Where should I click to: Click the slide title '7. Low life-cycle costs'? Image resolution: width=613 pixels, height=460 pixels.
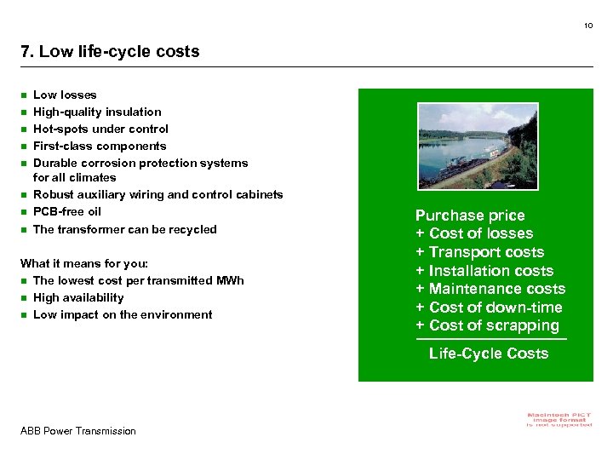(110, 51)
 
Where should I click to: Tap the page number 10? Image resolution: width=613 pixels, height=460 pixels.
(588, 26)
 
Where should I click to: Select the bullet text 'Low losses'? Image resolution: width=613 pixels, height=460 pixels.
(65, 95)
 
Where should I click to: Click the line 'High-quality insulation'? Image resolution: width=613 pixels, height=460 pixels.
(97, 112)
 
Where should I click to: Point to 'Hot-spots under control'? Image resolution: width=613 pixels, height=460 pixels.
(100, 129)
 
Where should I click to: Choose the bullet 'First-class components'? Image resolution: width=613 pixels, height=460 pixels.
(100, 146)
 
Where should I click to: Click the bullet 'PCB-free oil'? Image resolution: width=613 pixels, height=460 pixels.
(66, 211)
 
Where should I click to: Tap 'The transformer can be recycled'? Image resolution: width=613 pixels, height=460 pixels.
(124, 229)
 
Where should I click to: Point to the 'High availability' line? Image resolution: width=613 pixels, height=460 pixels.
(78, 297)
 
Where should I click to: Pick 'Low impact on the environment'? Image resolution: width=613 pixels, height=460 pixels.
(123, 314)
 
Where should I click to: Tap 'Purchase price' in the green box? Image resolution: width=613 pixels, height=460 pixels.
(470, 216)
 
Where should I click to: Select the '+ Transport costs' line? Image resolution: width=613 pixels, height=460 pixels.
(479, 252)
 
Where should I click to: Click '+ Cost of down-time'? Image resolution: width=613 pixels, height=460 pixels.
(489, 308)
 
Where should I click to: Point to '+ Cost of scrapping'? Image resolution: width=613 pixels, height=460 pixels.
(487, 325)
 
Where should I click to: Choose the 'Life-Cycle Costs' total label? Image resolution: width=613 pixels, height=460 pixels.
(489, 354)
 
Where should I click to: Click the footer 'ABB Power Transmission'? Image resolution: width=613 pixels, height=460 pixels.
(78, 431)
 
